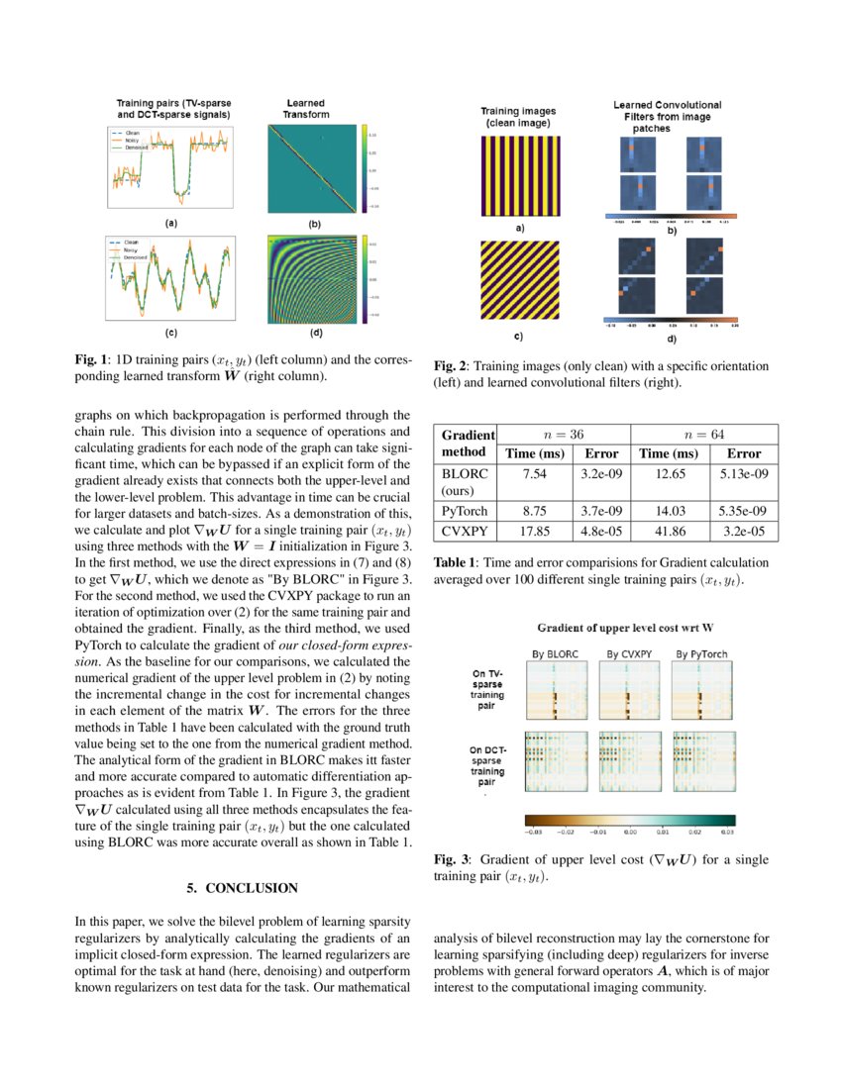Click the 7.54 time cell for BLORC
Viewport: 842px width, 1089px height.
tap(535, 473)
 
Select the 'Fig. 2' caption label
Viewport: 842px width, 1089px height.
tap(451, 366)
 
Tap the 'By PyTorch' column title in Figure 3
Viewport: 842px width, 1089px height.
tap(702, 654)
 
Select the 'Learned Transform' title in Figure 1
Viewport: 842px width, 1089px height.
tap(305, 108)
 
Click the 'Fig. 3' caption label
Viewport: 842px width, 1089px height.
tap(451, 860)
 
